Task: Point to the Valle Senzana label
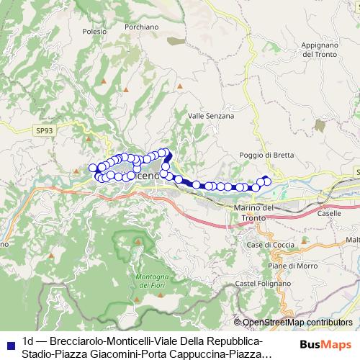211,115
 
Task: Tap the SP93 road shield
44,130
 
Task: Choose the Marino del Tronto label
254,212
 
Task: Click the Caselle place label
329,214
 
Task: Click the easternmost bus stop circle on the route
268,181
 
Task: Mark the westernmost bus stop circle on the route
93,168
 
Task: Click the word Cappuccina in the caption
197,354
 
